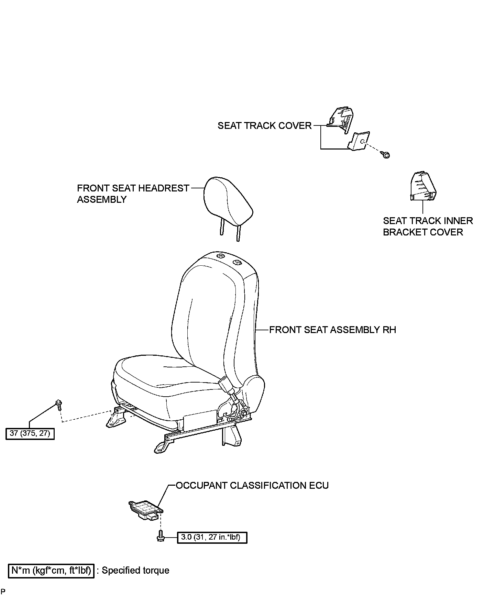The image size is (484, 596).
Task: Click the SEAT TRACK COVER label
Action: pyautogui.click(x=264, y=126)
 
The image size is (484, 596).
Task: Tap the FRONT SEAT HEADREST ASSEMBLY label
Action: pyautogui.click(x=133, y=194)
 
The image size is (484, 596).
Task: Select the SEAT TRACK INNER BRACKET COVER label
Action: pyautogui.click(x=428, y=226)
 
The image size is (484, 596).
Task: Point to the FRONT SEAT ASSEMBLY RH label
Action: pyautogui.click(x=332, y=330)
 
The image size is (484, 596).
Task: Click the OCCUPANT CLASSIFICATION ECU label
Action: pyautogui.click(x=252, y=486)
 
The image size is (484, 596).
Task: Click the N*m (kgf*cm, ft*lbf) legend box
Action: pyautogui.click(x=51, y=571)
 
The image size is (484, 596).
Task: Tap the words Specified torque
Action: pyautogui.click(x=135, y=571)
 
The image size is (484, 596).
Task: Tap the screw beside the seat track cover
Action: pyautogui.click(x=386, y=155)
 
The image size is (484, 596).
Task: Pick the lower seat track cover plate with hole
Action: pyautogui.click(x=359, y=141)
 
